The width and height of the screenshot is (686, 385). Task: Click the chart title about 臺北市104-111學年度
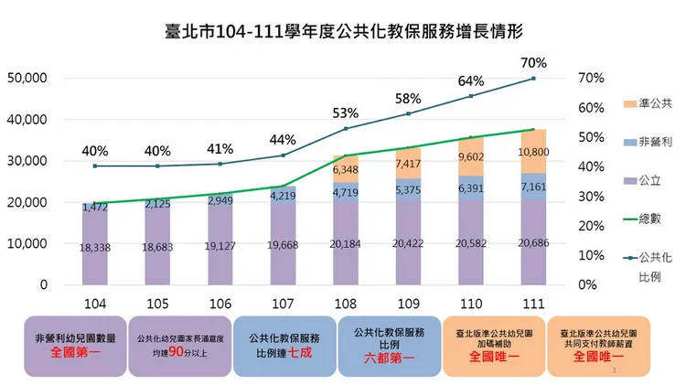click(x=342, y=31)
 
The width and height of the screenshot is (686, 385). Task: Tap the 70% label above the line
click(x=534, y=64)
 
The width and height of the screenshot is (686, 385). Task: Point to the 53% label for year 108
click(x=346, y=113)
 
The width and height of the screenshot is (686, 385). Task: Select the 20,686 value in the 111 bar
click(x=533, y=245)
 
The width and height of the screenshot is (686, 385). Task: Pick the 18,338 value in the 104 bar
click(x=94, y=246)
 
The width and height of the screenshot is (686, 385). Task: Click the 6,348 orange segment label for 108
click(x=346, y=169)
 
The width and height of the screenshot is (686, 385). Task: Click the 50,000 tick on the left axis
click(x=27, y=79)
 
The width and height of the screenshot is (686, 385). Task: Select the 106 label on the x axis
click(x=220, y=303)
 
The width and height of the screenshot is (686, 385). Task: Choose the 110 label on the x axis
click(x=470, y=303)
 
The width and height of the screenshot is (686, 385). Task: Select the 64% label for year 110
click(x=470, y=81)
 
